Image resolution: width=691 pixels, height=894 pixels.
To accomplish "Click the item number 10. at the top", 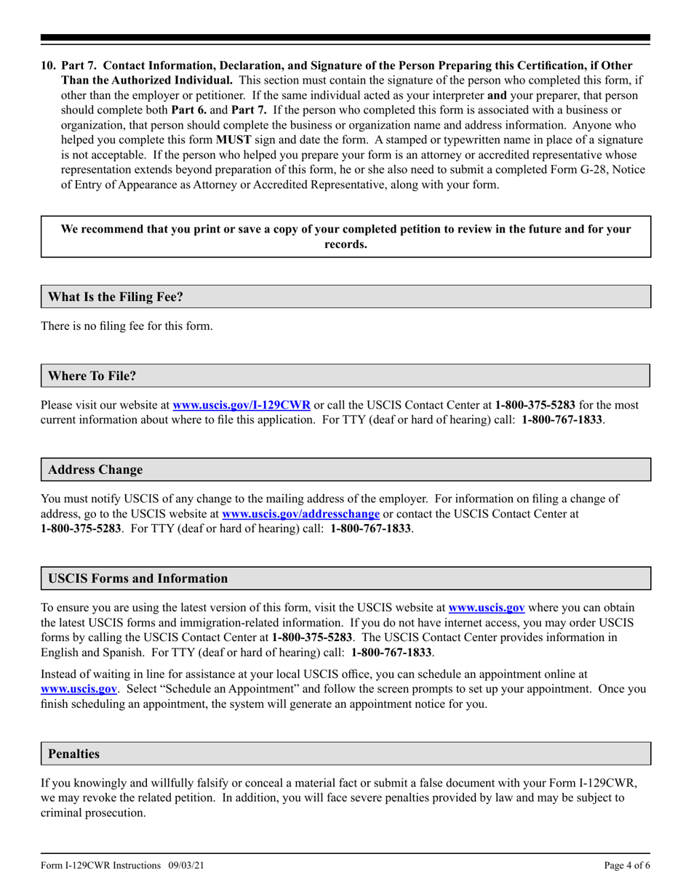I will [49, 66].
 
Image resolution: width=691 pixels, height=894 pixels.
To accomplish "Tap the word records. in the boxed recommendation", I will [345, 244].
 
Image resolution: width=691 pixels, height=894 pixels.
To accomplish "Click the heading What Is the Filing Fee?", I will [116, 297].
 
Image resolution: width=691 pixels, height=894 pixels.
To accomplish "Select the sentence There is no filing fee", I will [127, 326].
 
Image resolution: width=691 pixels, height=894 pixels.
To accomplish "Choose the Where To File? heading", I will [92, 376].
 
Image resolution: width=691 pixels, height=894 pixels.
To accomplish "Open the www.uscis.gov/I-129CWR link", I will [241, 405].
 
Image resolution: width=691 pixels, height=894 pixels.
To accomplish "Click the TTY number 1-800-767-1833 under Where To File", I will [562, 420].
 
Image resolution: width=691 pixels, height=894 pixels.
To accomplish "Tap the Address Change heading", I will [95, 470].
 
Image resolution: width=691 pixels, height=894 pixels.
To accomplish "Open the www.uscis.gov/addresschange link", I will [300, 513].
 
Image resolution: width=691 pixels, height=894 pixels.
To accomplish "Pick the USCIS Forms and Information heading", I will [137, 579].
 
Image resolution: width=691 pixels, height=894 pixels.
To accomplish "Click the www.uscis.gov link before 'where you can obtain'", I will [487, 608].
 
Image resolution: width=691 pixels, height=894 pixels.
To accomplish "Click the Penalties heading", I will [73, 754].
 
